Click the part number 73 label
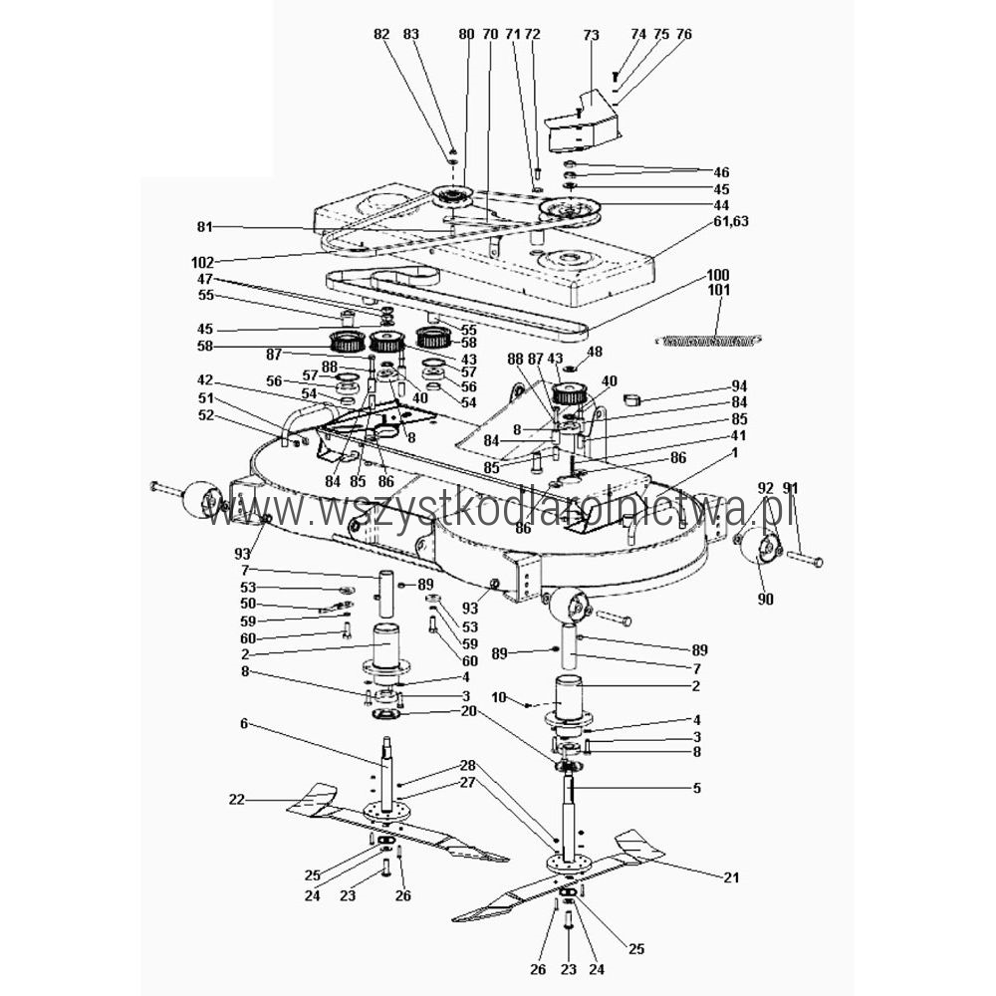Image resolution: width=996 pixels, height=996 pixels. [591, 34]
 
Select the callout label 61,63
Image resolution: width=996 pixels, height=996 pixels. [730, 221]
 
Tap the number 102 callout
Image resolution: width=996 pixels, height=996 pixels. [202, 262]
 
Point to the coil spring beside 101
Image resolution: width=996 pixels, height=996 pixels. [709, 341]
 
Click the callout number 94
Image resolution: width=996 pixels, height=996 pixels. [739, 386]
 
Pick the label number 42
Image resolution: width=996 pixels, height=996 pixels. [205, 380]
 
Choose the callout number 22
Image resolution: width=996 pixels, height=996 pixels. [236, 800]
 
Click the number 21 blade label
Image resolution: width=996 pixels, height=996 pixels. [731, 877]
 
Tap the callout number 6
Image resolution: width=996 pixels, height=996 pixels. [245, 723]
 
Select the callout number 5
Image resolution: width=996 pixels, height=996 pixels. [697, 788]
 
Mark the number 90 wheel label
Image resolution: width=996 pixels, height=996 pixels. [765, 599]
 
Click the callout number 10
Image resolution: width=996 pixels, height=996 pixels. [499, 697]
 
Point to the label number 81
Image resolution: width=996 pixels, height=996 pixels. [205, 226]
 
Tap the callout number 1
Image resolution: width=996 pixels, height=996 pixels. [735, 453]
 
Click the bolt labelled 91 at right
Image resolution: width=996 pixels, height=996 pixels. [805, 559]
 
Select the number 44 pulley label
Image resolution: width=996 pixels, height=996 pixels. [721, 205]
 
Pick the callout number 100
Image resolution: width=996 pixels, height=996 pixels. [718, 275]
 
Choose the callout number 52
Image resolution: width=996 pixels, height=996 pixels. [206, 415]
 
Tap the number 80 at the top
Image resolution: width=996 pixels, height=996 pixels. [466, 34]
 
